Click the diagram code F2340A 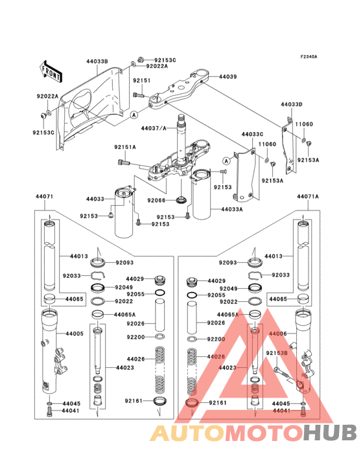309,56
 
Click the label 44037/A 154,128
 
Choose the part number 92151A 126,147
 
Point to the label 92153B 276,353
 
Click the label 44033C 253,135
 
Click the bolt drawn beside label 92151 137,95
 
